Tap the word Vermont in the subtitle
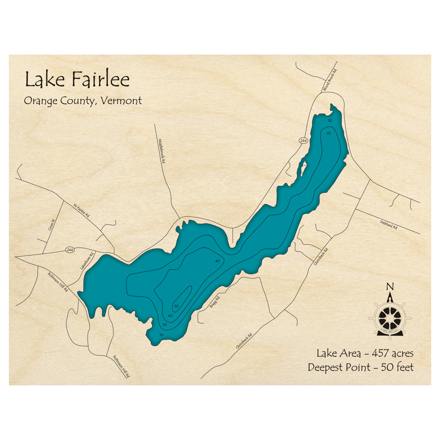coord(121,101)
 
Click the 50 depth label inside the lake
coord(176,306)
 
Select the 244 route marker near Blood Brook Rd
coord(303,140)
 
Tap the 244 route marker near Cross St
coord(70,249)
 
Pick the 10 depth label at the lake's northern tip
coord(330,121)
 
